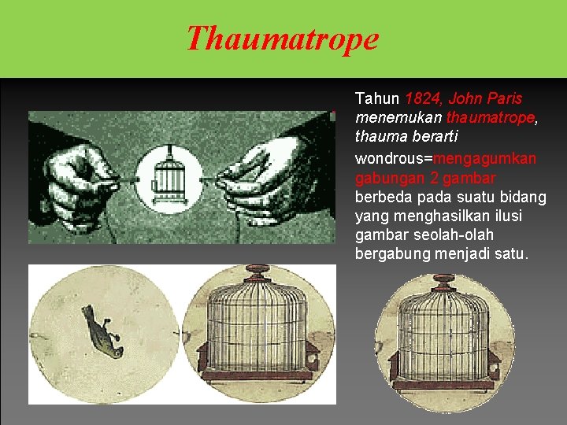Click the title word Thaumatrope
pyautogui.click(x=282, y=38)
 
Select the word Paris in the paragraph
pyautogui.click(x=505, y=99)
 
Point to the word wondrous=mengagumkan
pyautogui.click(x=446, y=158)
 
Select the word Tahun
pyautogui.click(x=377, y=99)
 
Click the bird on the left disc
pyautogui.click(x=102, y=331)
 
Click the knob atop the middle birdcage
pyautogui.click(x=257, y=272)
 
